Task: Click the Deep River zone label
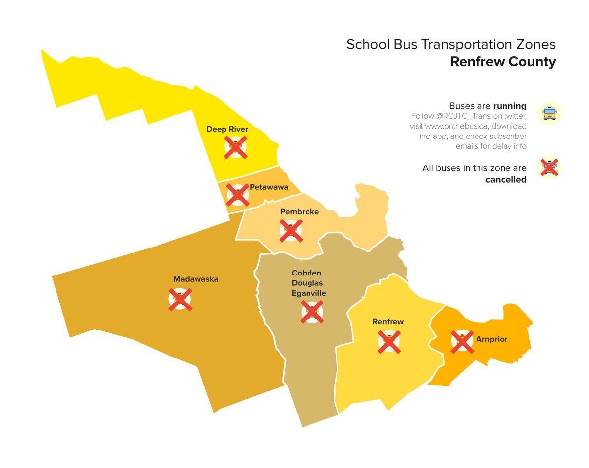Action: tap(227, 129)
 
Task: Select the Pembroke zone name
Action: tap(299, 212)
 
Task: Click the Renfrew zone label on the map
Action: tap(388, 322)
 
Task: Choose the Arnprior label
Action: tap(491, 339)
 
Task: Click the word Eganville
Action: tap(309, 293)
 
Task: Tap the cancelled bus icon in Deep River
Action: tap(236, 147)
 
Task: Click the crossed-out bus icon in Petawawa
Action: tap(238, 195)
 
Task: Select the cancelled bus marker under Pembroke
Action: tap(291, 230)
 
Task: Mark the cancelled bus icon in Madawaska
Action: tap(180, 299)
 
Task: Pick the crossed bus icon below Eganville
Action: tap(312, 312)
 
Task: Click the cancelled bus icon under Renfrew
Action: tap(389, 342)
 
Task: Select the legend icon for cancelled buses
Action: tap(549, 167)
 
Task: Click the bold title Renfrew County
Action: tap(503, 62)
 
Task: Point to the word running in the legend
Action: tap(510, 106)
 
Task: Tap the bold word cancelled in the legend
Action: tap(505, 180)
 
